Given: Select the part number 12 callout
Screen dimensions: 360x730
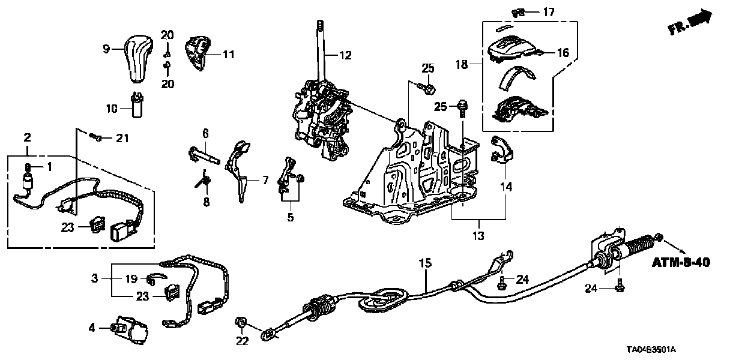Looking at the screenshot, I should click(345, 55).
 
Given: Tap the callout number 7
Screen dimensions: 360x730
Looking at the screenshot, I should click(265, 180).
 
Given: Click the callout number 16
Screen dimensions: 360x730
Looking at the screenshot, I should click(563, 53).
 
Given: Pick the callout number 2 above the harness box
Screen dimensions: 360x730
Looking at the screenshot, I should click(26, 138).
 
